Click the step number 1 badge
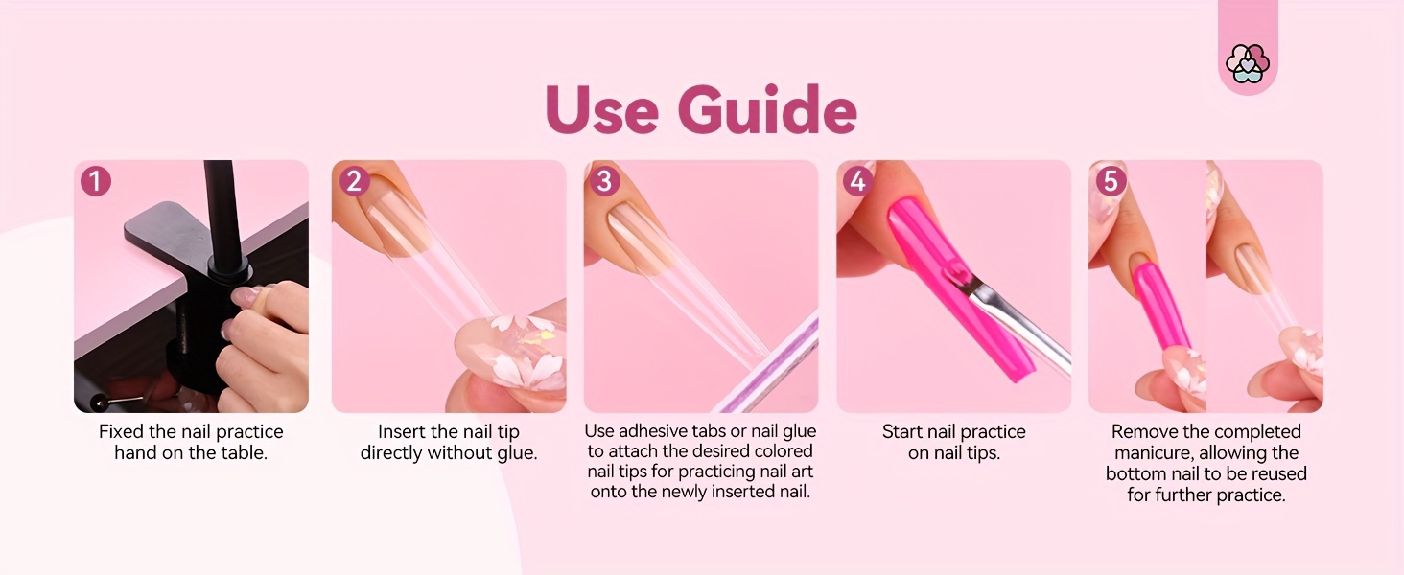(96, 181)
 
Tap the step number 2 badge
(354, 181)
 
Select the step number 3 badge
(604, 181)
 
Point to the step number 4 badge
(858, 181)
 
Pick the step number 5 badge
(1111, 181)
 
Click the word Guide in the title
(767, 110)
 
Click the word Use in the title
(601, 110)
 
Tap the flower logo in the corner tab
(1248, 63)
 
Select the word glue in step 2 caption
(517, 453)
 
